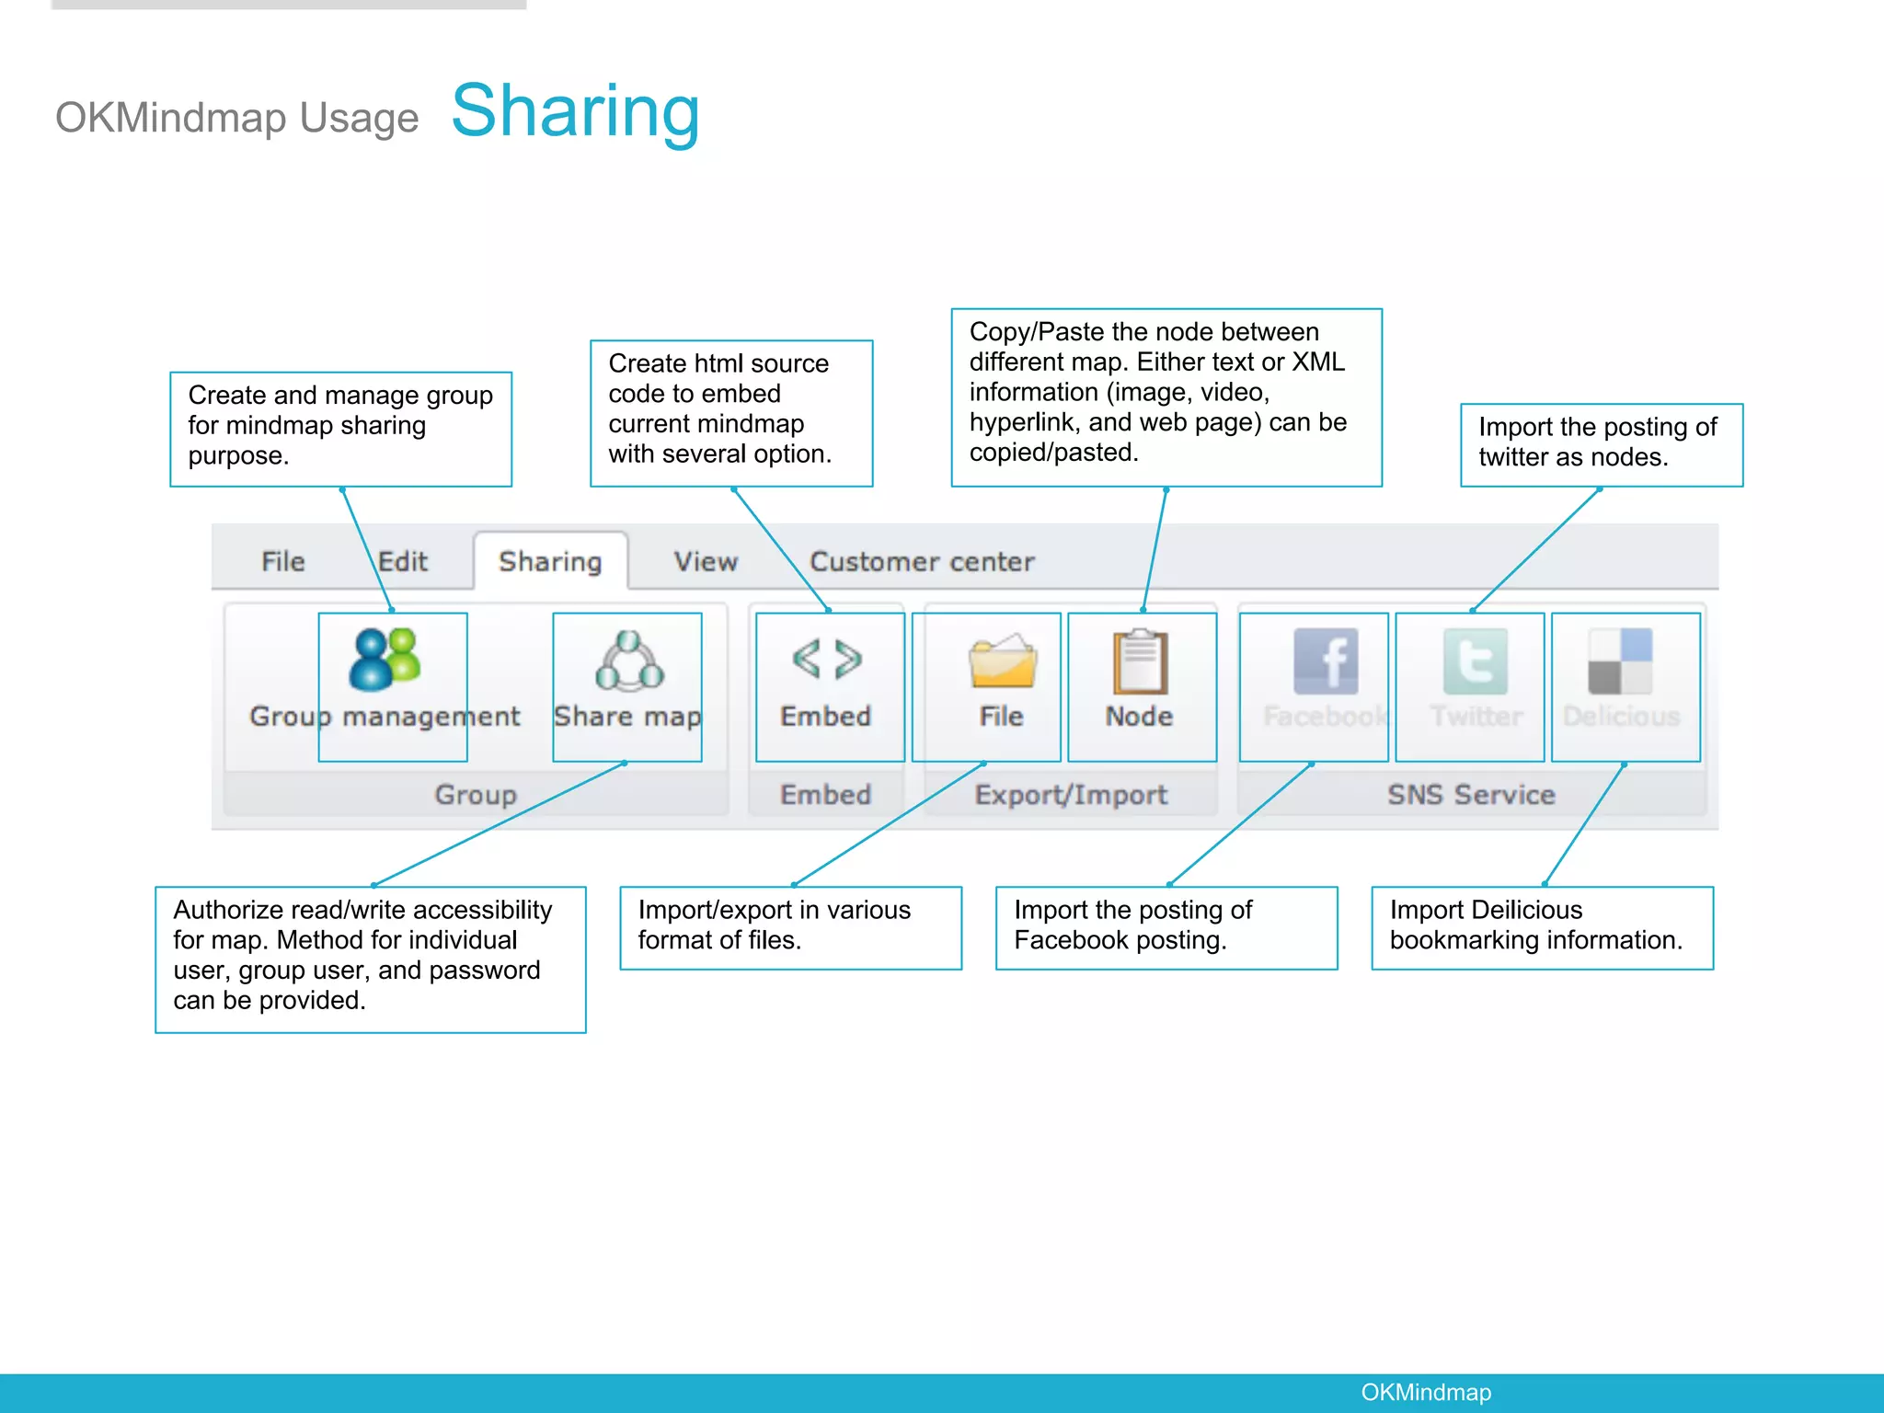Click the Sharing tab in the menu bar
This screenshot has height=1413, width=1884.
click(x=550, y=561)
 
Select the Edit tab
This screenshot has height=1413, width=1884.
click(x=403, y=561)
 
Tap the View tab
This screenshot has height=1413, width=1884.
click(x=706, y=561)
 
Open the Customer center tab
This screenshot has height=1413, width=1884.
click(x=922, y=561)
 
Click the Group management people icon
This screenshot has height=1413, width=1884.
click(x=385, y=660)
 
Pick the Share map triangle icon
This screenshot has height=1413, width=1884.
click(x=629, y=661)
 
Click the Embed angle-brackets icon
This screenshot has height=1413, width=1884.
click(x=827, y=660)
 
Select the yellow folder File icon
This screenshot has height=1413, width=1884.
click(x=1002, y=661)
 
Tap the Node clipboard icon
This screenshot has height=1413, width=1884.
click(x=1140, y=661)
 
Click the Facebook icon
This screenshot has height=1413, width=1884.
click(x=1325, y=661)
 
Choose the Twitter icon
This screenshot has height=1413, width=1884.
click(x=1476, y=661)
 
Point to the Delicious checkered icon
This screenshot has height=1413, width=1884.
click(x=1620, y=661)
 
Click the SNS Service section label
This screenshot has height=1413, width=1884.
click(x=1471, y=794)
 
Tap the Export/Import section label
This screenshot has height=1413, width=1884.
click(x=1071, y=794)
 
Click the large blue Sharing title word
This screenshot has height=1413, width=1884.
click(x=576, y=111)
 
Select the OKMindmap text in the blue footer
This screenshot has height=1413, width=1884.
click(x=1426, y=1392)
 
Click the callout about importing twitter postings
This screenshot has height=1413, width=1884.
click(x=1601, y=443)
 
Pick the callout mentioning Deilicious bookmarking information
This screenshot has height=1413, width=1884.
click(x=1542, y=926)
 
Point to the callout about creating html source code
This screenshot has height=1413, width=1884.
click(x=730, y=412)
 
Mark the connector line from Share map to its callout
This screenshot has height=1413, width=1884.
click(x=497, y=824)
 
